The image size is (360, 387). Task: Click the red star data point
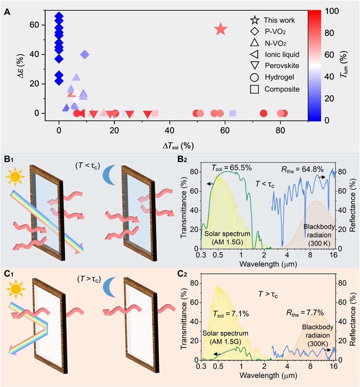click(x=221, y=30)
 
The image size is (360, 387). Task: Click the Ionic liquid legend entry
click(x=275, y=54)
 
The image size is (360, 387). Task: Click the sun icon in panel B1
click(x=15, y=178)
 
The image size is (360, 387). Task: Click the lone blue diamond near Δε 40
click(x=85, y=54)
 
